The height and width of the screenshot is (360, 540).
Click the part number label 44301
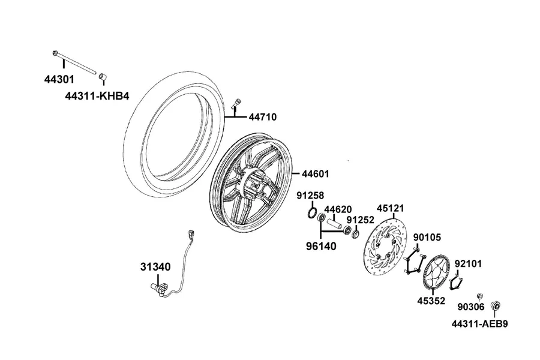point(59,80)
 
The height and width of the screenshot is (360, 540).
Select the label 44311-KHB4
point(97,96)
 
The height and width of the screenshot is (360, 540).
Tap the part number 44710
point(263,117)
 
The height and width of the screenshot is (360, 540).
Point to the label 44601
point(316,174)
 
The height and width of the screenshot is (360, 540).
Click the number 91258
point(311,196)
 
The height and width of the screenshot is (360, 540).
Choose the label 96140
point(322,247)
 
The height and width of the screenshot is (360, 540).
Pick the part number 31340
point(155,267)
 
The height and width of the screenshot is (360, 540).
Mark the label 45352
point(431,301)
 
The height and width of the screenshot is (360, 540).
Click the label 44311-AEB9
point(480,324)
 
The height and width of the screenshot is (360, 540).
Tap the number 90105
point(427,238)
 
